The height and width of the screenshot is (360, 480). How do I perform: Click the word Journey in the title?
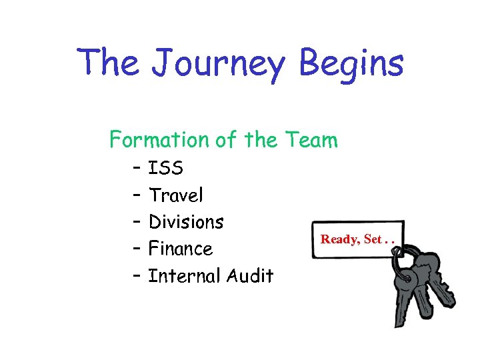[219, 63]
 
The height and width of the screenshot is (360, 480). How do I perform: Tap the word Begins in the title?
[351, 63]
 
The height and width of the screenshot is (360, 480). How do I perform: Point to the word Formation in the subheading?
[159, 140]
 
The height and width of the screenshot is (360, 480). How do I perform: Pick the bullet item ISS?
[166, 168]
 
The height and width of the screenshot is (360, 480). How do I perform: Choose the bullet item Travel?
[176, 195]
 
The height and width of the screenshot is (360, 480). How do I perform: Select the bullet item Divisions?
[186, 221]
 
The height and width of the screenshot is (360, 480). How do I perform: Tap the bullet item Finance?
[180, 249]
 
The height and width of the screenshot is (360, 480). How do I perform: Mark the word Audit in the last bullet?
[251, 275]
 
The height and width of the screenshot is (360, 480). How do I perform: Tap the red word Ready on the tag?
[340, 239]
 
